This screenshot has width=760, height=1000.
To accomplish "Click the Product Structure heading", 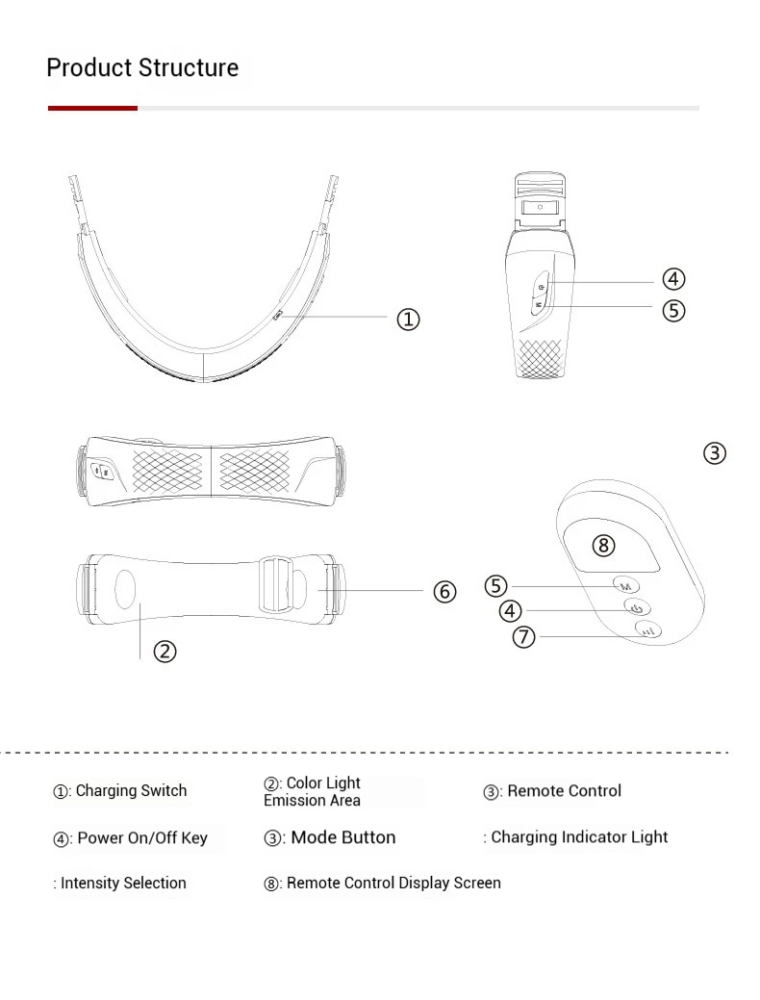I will [142, 68].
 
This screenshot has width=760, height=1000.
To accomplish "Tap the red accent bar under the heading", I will [92, 108].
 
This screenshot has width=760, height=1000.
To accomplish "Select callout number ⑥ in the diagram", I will [444, 592].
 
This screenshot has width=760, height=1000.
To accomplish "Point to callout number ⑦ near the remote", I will [523, 636].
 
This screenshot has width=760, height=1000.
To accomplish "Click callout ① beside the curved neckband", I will [408, 320].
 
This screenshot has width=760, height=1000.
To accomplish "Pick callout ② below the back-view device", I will [165, 652].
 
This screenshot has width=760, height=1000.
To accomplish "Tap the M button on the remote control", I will [625, 585].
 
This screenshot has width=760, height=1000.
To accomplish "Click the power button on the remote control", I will [636, 607].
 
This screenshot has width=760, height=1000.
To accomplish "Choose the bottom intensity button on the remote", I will [646, 630].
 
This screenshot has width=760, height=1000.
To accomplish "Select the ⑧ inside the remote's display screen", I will [603, 546].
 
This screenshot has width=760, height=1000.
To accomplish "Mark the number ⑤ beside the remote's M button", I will [495, 585].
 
